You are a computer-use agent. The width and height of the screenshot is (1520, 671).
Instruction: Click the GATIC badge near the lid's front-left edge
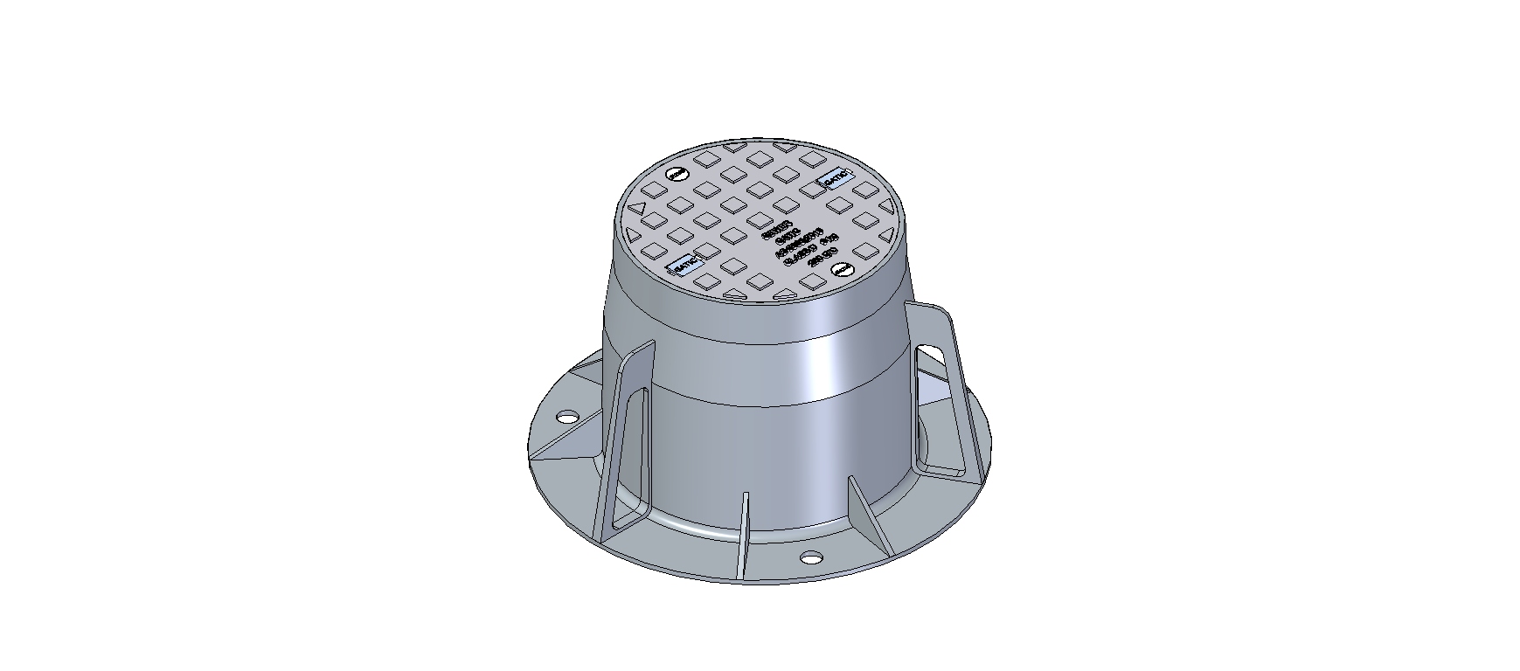[x=684, y=265]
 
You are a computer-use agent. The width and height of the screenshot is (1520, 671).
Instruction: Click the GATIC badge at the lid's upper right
[x=833, y=177]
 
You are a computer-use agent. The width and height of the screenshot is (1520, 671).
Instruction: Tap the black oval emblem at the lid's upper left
[x=677, y=175]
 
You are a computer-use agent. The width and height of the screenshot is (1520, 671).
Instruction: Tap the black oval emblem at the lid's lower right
[x=841, y=270]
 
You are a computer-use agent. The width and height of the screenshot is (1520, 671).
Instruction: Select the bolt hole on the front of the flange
[x=812, y=557]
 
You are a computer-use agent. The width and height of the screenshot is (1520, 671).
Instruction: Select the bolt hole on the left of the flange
[x=567, y=417]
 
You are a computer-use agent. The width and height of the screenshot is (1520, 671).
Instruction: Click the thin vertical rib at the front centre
[x=745, y=533]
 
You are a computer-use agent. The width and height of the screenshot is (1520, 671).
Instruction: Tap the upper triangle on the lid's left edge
[x=637, y=210]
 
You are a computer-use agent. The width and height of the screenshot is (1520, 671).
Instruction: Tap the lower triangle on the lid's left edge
[x=629, y=234]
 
